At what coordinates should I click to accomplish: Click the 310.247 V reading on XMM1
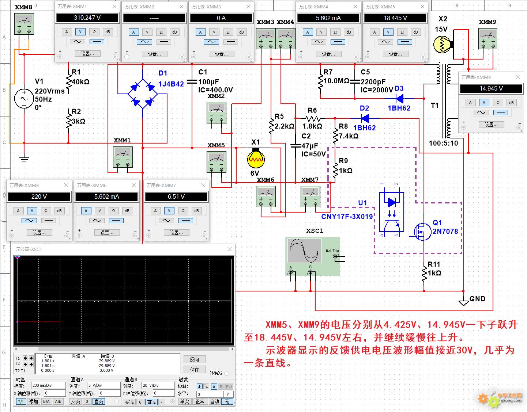pyautogui.click(x=87, y=18)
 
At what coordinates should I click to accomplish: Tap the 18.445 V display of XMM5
pyautogui.click(x=395, y=18)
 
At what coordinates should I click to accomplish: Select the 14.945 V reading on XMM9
pyautogui.click(x=491, y=89)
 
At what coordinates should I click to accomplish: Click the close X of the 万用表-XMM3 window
pyautogui.click(x=248, y=7)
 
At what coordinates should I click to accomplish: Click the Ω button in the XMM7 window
pyautogui.click(x=183, y=211)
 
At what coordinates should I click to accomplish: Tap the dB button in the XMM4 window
pyautogui.click(x=349, y=32)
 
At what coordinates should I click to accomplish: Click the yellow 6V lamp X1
pyautogui.click(x=256, y=159)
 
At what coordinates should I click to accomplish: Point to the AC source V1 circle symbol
pyautogui.click(x=24, y=99)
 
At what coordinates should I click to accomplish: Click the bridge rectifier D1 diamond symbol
pyautogui.click(x=143, y=94)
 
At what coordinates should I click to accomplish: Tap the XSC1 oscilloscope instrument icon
pyautogui.click(x=313, y=256)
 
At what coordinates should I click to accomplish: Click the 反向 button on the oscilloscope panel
pyautogui.click(x=195, y=359)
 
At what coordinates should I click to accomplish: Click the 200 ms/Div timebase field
pyautogui.click(x=48, y=385)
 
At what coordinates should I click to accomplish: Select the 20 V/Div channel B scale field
pyautogui.click(x=158, y=385)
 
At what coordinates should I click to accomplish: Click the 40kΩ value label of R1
pyautogui.click(x=80, y=82)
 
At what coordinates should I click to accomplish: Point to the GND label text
pyautogui.click(x=477, y=299)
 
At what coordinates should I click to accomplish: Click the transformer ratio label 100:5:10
pyautogui.click(x=443, y=143)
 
